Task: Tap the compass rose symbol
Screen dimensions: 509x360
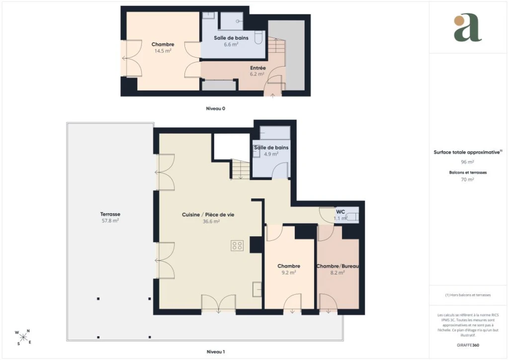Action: click(23, 338)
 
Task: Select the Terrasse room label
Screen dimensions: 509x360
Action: click(110, 214)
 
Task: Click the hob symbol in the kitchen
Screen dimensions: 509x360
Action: click(237, 246)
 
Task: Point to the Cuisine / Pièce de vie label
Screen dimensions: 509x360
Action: click(208, 215)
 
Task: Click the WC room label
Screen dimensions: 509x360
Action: click(340, 212)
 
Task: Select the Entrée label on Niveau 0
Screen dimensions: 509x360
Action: click(258, 68)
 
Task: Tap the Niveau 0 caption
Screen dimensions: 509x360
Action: click(216, 108)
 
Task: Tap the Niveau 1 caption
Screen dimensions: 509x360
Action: click(216, 352)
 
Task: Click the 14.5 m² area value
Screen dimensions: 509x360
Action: click(163, 51)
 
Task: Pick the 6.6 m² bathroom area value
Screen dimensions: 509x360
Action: click(231, 44)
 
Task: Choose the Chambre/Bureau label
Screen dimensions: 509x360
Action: click(338, 266)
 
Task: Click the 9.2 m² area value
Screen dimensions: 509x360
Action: click(289, 272)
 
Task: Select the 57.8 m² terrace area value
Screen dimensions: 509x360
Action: click(110, 221)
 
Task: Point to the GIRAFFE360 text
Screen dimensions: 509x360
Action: click(468, 345)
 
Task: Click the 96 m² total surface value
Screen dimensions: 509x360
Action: click(467, 162)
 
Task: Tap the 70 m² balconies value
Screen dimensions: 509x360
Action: click(467, 180)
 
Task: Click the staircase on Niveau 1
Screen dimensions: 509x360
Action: click(240, 169)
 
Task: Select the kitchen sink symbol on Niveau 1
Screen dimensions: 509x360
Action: click(257, 289)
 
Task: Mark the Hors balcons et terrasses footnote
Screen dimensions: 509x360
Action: click(468, 295)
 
